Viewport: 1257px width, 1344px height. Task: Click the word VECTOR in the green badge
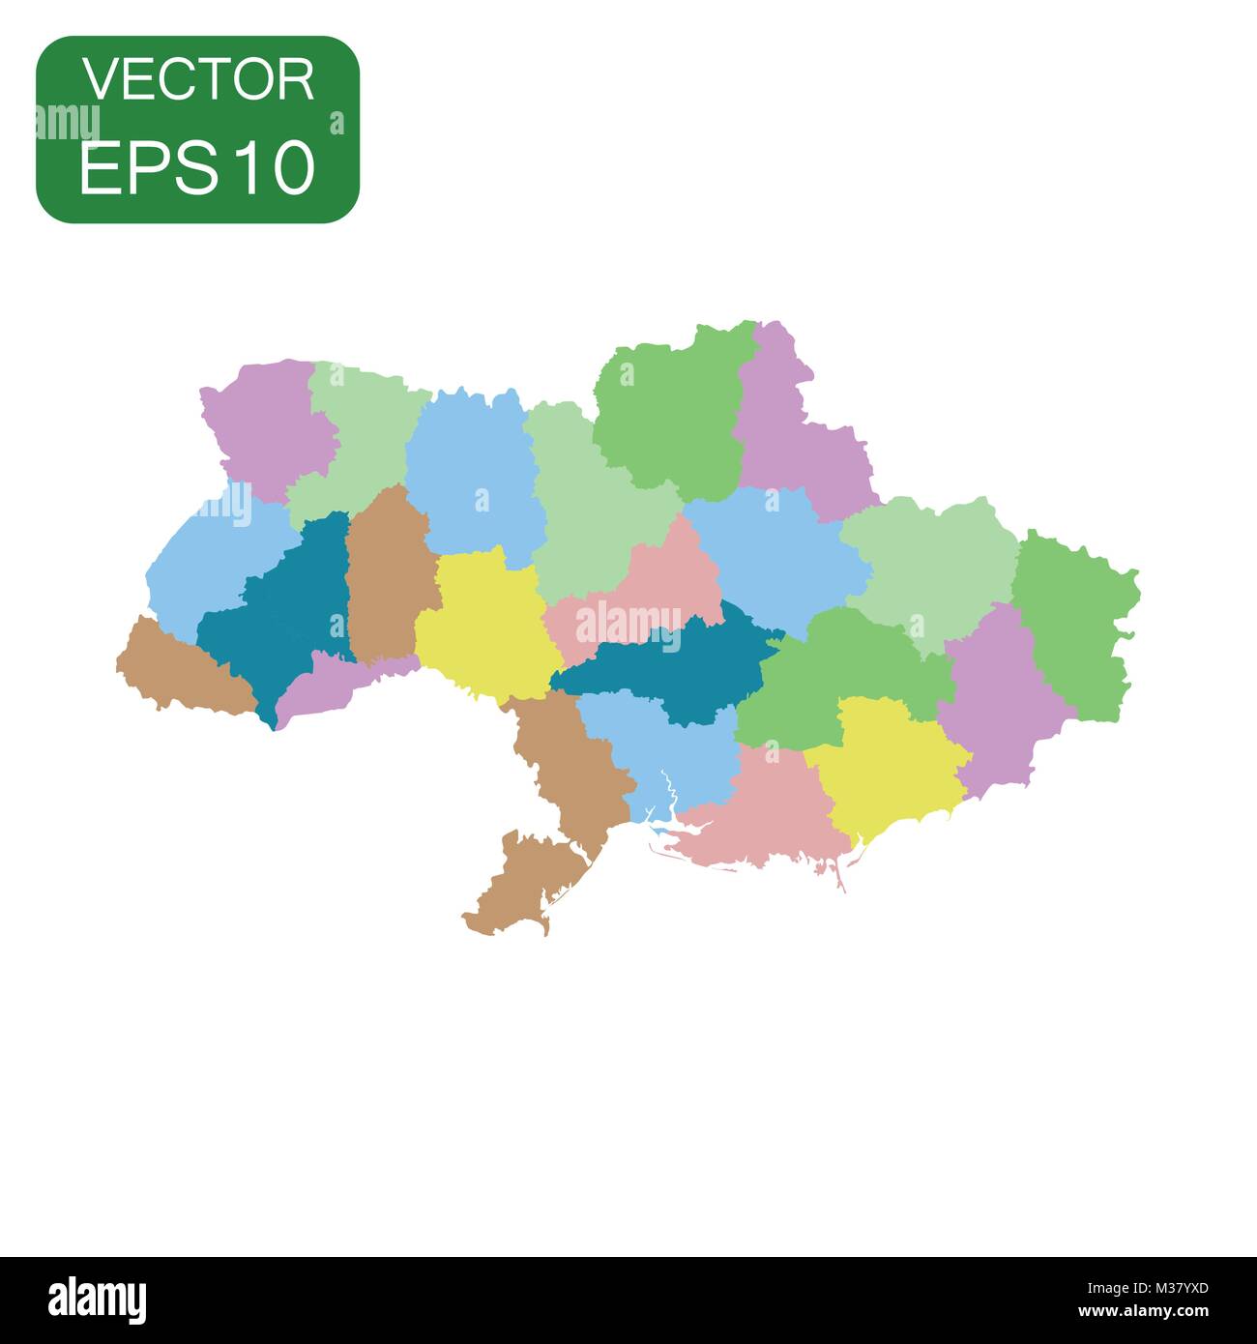tap(198, 79)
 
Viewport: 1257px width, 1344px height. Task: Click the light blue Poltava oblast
tap(774, 561)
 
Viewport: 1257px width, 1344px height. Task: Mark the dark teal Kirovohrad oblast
tap(667, 667)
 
